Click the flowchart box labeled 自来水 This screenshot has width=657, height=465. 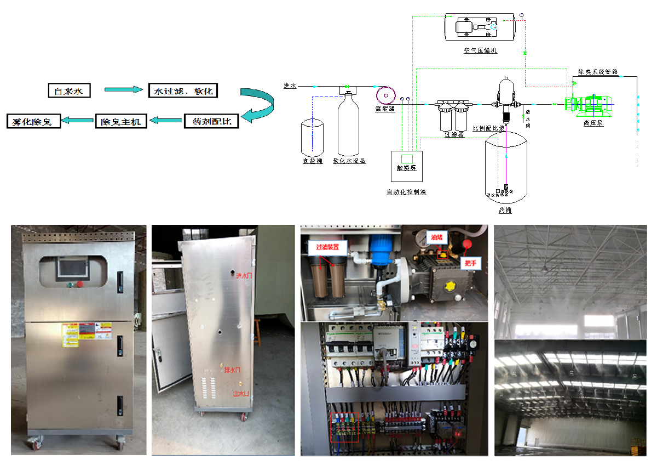click(68, 90)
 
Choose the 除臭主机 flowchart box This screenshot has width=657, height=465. click(121, 121)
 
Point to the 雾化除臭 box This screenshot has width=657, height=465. click(32, 121)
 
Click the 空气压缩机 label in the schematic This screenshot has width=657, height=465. click(480, 50)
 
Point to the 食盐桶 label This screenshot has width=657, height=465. click(313, 161)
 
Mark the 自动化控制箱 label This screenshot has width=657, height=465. click(406, 192)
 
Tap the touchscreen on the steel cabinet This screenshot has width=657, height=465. click(72, 269)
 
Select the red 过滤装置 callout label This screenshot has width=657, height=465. click(328, 247)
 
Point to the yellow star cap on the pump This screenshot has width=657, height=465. click(453, 286)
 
